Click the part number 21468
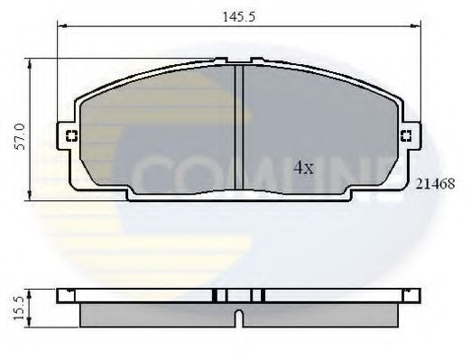(x=435, y=181)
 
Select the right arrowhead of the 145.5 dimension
(x=418, y=28)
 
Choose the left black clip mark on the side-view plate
(x=217, y=295)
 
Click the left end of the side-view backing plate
(x=60, y=295)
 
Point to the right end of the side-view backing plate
(x=416, y=295)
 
